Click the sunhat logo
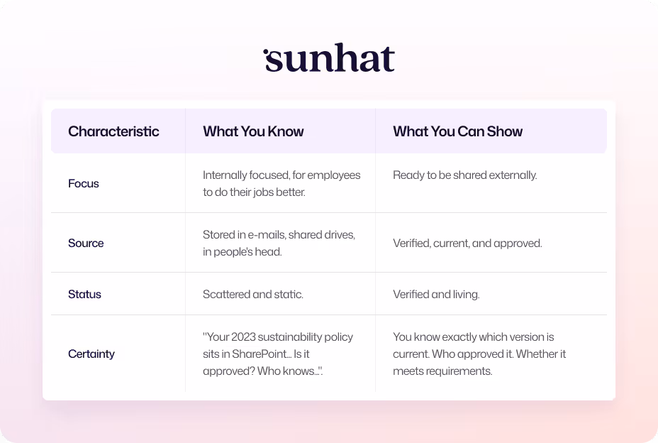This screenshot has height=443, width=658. (329, 60)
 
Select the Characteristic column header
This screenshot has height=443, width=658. (113, 131)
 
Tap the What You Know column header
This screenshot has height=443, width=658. (253, 131)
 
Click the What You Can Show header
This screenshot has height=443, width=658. (457, 131)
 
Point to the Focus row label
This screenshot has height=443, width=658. (84, 183)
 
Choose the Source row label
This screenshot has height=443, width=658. (86, 243)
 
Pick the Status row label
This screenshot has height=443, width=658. (84, 294)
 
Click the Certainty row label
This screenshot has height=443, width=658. (91, 354)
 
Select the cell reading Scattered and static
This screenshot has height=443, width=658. (253, 294)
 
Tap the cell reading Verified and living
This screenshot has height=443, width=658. (436, 294)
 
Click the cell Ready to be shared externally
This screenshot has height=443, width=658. (464, 175)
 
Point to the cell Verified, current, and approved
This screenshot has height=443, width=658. (467, 243)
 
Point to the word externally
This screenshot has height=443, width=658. (511, 175)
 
